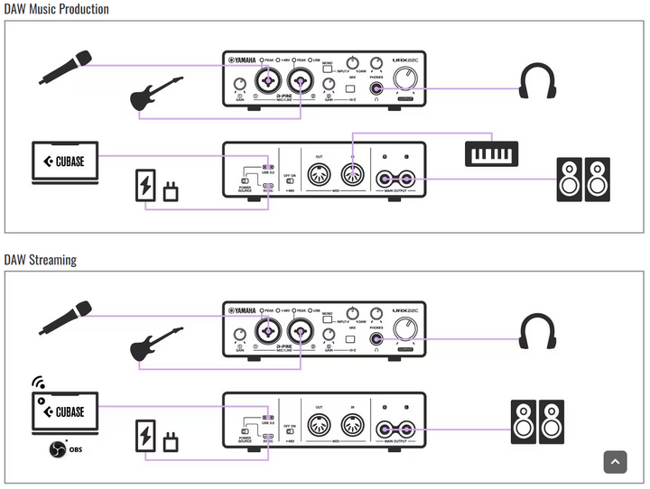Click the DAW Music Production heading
[x=56, y=9]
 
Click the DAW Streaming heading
[x=41, y=260]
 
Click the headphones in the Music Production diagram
[x=537, y=80]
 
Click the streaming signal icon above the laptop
[x=39, y=383]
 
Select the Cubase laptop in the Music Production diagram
[x=64, y=163]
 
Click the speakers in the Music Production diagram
[x=582, y=179]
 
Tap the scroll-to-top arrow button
[x=615, y=462]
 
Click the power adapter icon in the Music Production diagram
[x=172, y=189]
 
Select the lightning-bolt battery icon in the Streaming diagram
[x=144, y=437]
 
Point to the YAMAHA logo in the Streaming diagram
[x=241, y=311]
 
